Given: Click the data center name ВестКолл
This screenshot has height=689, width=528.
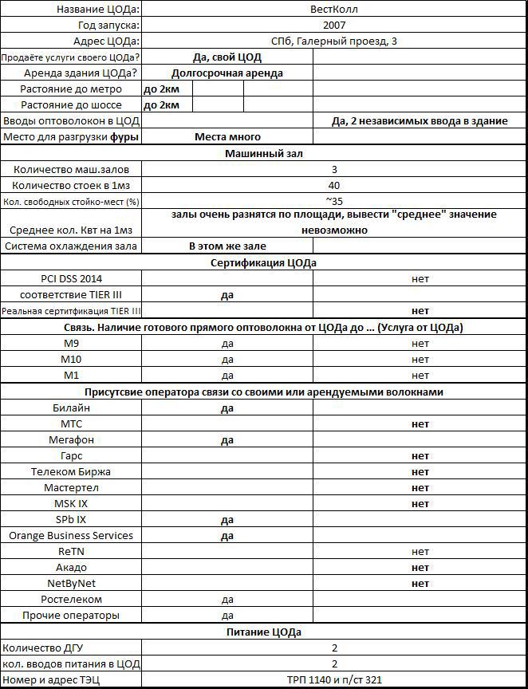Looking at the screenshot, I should tap(334, 9).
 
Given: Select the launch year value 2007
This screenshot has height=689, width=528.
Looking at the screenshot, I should tap(334, 25).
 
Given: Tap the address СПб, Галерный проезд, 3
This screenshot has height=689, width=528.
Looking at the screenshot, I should tap(334, 41).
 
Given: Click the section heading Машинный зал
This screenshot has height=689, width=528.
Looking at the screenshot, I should tap(263, 153).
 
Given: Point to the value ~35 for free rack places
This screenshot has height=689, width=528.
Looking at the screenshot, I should tap(334, 201).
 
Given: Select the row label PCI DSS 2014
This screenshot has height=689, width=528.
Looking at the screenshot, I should tap(71, 279).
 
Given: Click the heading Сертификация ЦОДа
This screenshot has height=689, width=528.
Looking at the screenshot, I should tap(263, 263).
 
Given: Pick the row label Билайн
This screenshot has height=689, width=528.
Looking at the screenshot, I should tap(71, 408).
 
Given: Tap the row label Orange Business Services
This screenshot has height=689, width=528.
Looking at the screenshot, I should tap(71, 536).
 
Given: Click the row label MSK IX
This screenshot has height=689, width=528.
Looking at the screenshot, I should tap(71, 504).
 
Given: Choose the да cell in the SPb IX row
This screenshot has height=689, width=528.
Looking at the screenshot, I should tap(227, 520).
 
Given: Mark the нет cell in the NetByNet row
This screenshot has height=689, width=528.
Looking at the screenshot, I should tap(420, 584).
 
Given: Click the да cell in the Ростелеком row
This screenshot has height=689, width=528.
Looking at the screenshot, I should tap(227, 600).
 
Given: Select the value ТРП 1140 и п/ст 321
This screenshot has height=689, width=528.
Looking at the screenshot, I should tap(334, 680).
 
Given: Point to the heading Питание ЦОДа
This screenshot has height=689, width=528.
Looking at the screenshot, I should tap(263, 632).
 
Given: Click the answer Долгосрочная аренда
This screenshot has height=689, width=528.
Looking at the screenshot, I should tap(227, 73).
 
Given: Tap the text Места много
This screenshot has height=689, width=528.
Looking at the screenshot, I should tap(227, 137).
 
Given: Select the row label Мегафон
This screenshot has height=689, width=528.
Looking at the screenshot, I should tap(71, 440).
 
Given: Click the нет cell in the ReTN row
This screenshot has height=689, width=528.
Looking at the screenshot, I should tap(420, 552).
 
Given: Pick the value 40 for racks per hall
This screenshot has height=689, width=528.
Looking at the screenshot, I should tap(334, 185).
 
